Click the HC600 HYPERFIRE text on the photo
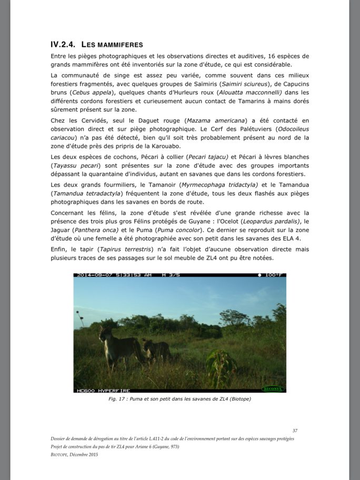[103, 391]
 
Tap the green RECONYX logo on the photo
[272, 389]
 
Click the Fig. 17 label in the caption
[117, 399]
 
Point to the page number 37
[295, 431]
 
